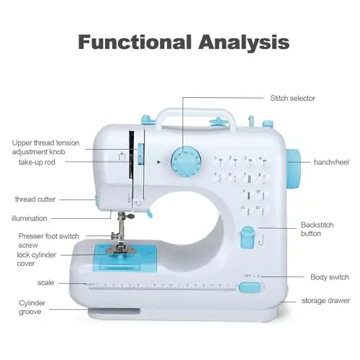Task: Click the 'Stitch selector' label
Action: coord(292,98)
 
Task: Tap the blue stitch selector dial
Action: coord(186,160)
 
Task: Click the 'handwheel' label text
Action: coord(331,162)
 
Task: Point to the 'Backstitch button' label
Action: coord(317,229)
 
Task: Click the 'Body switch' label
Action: coord(330,277)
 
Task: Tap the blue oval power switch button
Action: coord(250,287)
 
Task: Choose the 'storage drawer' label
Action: coord(325,300)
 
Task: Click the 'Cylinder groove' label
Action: coord(32,307)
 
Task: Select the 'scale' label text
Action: coord(45,283)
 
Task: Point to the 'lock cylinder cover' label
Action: coord(37,259)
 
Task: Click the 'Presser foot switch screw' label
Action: coord(49,240)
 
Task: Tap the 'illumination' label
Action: coord(30,218)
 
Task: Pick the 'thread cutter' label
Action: coord(35,199)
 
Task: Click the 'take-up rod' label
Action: coord(37,162)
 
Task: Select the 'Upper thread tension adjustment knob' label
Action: coord(45,147)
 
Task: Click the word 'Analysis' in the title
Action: coord(244,42)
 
